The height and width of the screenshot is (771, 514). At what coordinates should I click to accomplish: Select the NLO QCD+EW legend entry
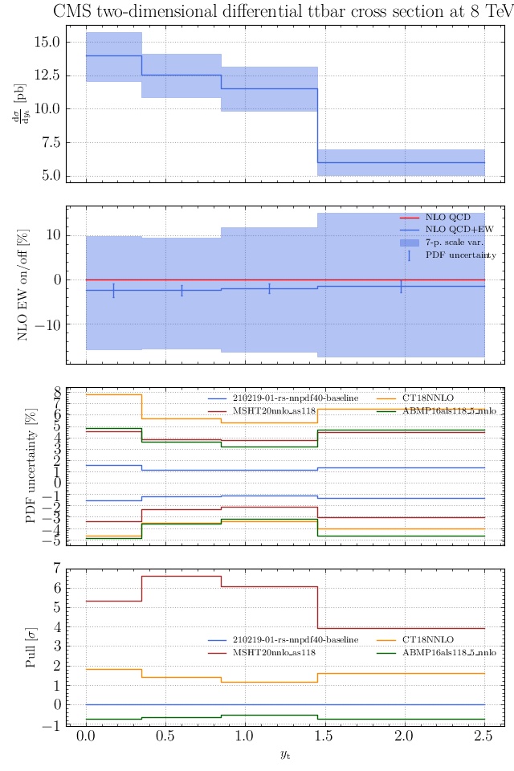pyautogui.click(x=448, y=230)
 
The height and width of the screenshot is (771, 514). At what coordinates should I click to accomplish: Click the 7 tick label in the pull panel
pyautogui.click(x=56, y=569)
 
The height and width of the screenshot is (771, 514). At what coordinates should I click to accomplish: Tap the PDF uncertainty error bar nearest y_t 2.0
pyautogui.click(x=400, y=286)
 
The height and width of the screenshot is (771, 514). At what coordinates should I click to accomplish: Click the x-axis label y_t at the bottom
pyautogui.click(x=285, y=754)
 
